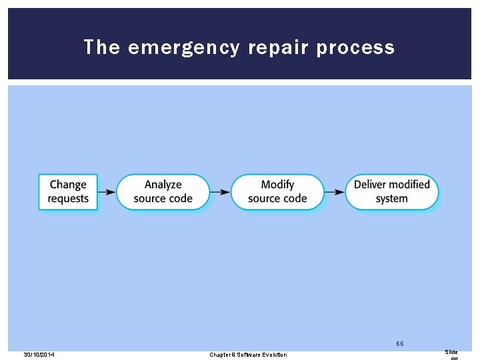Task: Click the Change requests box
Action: [68, 192]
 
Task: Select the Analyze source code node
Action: [163, 192]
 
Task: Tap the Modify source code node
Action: [277, 192]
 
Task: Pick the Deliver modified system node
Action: [391, 192]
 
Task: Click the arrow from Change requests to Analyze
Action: [107, 192]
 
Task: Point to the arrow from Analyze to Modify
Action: [221, 192]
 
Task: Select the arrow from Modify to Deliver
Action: [335, 192]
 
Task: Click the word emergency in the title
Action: [180, 48]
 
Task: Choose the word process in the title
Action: [355, 48]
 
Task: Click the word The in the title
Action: [102, 48]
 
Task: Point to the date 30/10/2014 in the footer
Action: [39, 355]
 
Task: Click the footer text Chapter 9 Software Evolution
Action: [248, 355]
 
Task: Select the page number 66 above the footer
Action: [399, 344]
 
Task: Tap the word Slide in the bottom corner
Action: [451, 351]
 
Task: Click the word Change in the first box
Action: [68, 185]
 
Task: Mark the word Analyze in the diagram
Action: [163, 185]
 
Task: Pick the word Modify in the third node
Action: [277, 185]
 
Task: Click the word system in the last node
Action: [391, 199]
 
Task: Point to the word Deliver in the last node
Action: [370, 185]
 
